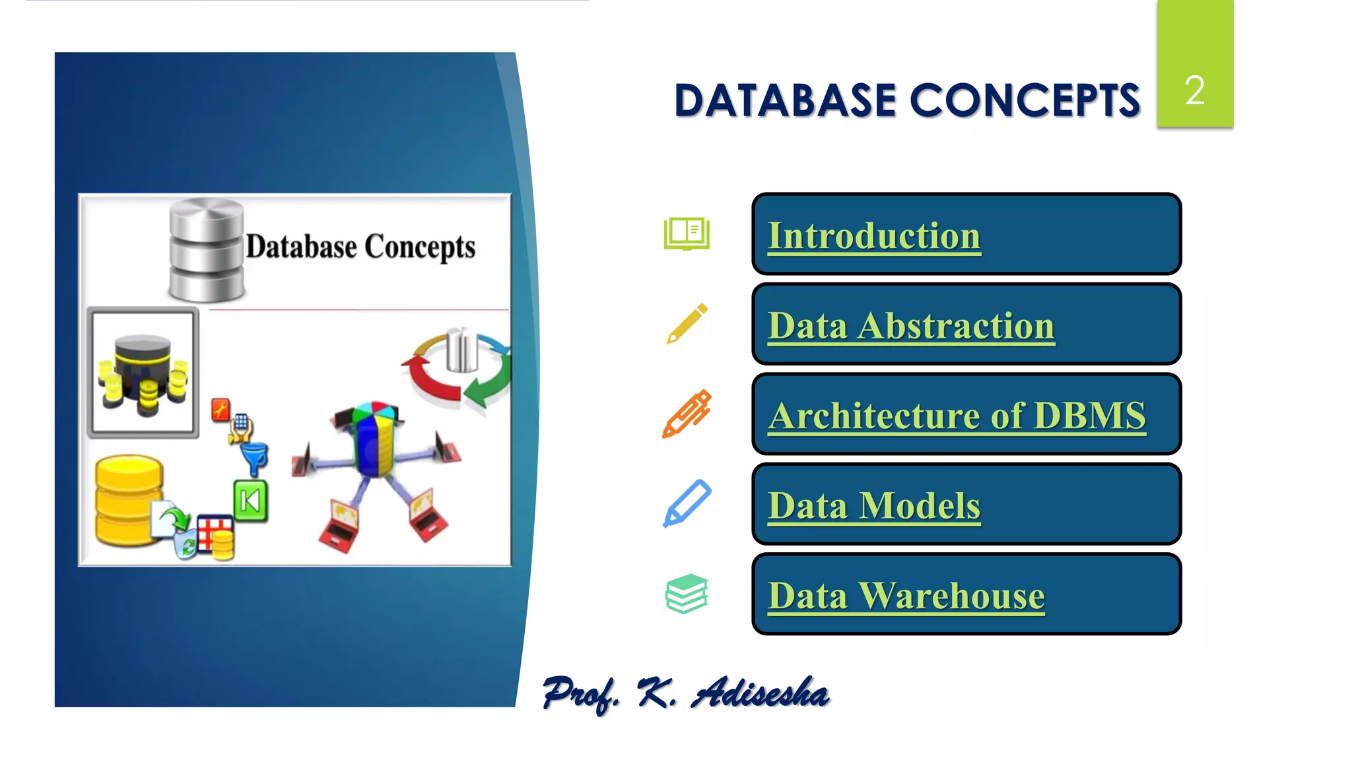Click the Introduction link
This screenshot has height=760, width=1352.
coord(873,236)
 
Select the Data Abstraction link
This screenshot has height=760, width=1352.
coord(911,326)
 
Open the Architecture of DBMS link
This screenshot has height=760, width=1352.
coord(957,416)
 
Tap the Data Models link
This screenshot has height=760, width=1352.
coord(873,506)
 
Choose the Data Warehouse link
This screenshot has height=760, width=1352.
coord(906,596)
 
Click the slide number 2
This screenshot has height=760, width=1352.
coord(1194,90)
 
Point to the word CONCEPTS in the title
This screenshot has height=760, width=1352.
coord(1025,101)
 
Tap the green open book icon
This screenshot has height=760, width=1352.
coord(687,234)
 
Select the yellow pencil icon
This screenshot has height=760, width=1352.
coord(687,324)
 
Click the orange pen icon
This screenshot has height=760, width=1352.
coord(687,414)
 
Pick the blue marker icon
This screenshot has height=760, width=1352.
coord(687,503)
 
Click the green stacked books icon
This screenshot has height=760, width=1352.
coord(687,593)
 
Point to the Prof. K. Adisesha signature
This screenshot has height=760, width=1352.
coord(685,693)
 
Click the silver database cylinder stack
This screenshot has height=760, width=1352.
coord(206,251)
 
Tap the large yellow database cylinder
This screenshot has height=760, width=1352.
coord(128,500)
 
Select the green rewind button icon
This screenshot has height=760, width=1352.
coord(250,501)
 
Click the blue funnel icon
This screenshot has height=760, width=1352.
coord(255,458)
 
